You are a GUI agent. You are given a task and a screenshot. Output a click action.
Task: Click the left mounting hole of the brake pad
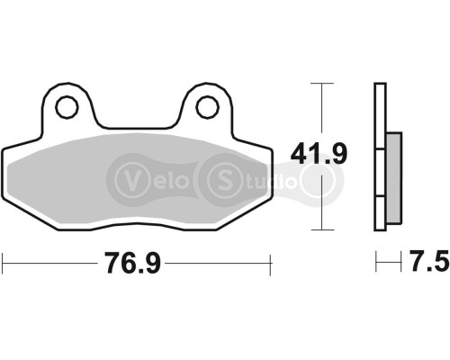point(65,106)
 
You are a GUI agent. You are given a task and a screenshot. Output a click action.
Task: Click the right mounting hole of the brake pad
point(205,106)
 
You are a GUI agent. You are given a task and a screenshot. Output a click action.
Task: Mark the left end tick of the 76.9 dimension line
point(4,262)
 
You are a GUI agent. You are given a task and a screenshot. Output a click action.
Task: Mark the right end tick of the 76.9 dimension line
point(269,262)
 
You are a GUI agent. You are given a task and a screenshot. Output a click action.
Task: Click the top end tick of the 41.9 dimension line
point(316,83)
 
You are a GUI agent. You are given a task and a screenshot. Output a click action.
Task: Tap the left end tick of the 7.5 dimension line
point(376,262)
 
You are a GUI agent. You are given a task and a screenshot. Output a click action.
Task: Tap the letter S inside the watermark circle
point(221,176)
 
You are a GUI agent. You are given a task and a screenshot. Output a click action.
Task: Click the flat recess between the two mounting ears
point(135,127)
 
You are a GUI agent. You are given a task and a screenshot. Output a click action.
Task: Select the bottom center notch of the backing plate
point(135,228)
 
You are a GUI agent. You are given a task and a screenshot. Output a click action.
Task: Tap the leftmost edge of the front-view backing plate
point(4,180)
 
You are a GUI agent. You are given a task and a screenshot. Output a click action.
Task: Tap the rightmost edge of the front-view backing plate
point(268,180)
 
